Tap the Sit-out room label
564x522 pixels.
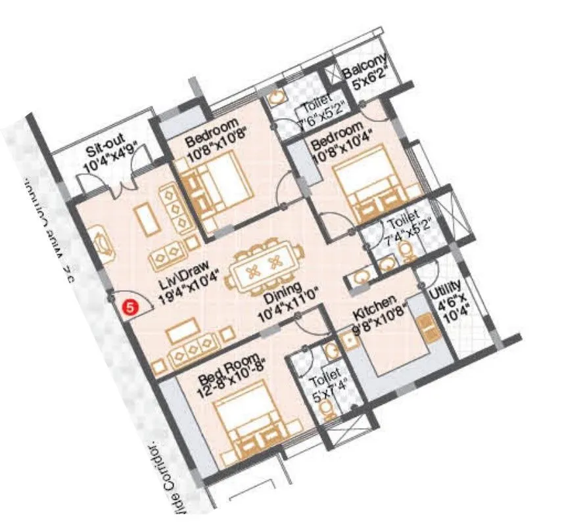click(108, 158)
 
